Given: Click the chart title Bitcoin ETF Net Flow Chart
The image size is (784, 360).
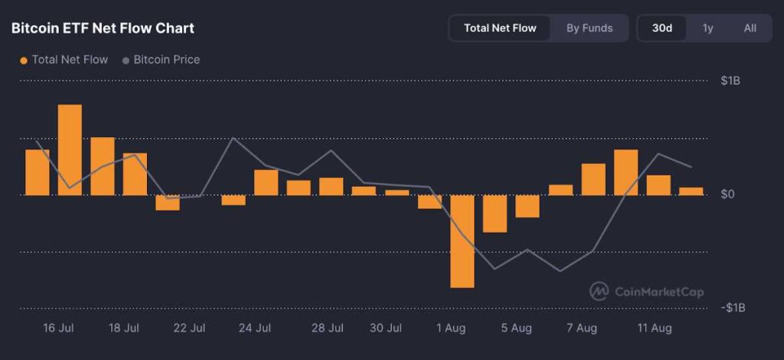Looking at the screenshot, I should (x=103, y=28).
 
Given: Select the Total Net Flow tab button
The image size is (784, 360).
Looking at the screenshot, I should (x=500, y=28).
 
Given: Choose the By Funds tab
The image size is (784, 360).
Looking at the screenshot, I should (x=590, y=28).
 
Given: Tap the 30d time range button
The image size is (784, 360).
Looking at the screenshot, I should (x=662, y=28).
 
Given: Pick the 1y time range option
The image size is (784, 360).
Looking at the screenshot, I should (x=708, y=28).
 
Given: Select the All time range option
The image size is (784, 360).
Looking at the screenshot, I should (x=750, y=28).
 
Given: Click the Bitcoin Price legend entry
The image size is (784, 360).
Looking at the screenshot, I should (x=166, y=60).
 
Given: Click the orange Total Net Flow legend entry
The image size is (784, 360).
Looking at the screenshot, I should (x=69, y=60).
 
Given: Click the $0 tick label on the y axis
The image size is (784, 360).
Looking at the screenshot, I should (x=728, y=195).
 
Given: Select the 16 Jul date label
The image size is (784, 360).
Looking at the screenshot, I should (x=58, y=329).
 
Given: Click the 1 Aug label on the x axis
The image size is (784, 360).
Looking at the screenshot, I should (x=451, y=329).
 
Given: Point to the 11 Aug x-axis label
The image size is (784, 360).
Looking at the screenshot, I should (x=655, y=329).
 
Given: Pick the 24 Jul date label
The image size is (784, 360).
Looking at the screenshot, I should (x=255, y=329).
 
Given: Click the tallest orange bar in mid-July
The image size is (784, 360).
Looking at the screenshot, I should (x=70, y=149).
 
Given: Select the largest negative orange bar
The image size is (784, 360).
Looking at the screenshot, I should (x=462, y=241).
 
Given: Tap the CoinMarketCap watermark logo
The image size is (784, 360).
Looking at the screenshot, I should (x=646, y=291).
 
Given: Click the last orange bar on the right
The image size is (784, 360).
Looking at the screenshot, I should (x=691, y=191).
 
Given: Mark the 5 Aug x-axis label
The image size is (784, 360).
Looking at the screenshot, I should (x=516, y=329).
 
